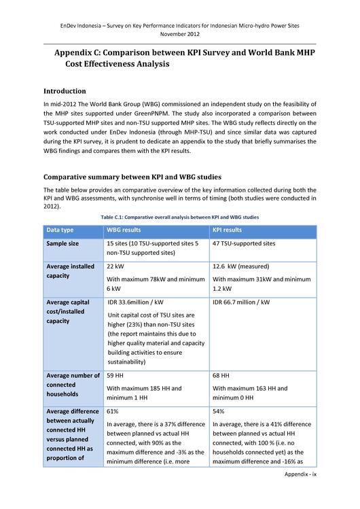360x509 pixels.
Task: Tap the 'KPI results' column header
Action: point(228,230)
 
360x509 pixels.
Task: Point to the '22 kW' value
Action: point(115,266)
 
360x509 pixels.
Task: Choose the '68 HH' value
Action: point(221,375)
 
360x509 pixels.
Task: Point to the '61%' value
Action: point(113,411)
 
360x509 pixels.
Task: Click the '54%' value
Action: point(219,411)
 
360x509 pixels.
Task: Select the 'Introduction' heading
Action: point(65,91)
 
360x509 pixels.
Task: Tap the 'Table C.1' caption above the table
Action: point(179,217)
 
